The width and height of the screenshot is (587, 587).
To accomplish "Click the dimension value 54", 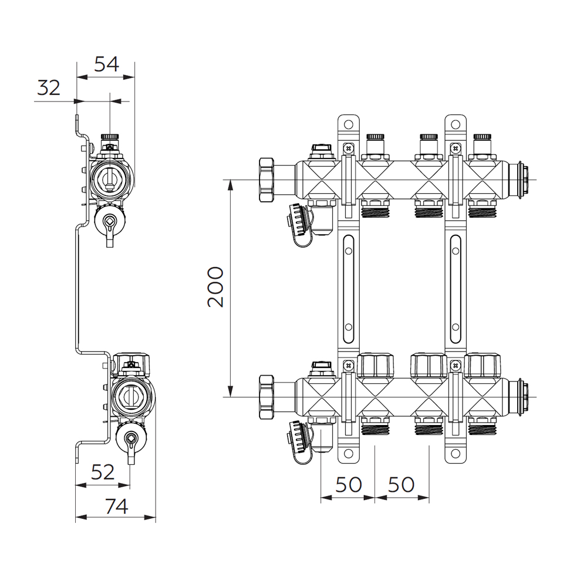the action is point(106,64).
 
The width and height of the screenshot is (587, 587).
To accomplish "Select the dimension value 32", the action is point(49,88).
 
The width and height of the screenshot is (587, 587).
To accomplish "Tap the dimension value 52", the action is point(103,473).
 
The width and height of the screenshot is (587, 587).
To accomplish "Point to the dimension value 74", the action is point(116,507).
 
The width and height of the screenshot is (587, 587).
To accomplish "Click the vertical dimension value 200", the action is point(215,287).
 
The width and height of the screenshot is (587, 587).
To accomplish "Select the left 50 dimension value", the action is point(349,484).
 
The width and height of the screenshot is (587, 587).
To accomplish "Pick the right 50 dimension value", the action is point(402,484).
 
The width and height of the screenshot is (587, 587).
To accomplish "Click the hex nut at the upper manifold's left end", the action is point(266,180).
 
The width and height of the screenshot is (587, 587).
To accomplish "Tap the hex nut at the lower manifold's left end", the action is point(266,396).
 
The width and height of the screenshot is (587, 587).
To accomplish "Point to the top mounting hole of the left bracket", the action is point(349,124).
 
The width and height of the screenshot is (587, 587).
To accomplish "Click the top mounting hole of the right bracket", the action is point(456,124).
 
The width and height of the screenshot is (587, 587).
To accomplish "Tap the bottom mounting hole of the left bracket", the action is point(349,454).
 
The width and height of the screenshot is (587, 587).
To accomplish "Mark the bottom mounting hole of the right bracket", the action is point(456,454).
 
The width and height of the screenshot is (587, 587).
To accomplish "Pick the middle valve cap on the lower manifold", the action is point(429,365).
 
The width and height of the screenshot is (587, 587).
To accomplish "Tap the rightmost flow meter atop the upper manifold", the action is point(482,144).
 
